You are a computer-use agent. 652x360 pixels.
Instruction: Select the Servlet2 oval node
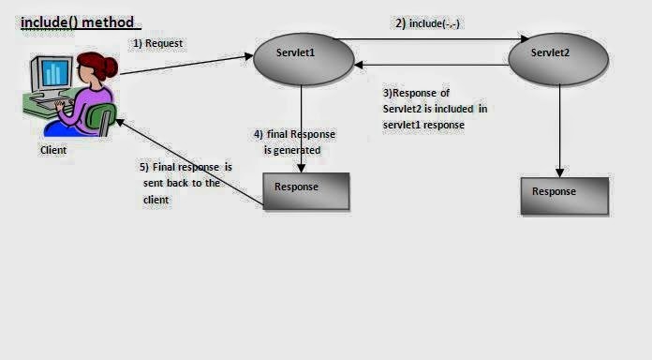coord(558,57)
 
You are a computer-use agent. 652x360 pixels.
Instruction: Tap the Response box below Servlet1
coord(305,190)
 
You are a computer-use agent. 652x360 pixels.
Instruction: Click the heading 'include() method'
coord(77,21)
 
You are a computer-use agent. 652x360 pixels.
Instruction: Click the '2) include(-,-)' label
coord(430,23)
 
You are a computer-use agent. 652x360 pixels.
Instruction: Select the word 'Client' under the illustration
coord(53,149)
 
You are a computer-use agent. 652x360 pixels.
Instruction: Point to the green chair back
coord(101,117)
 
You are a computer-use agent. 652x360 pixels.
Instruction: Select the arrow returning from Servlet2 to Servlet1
coord(431,65)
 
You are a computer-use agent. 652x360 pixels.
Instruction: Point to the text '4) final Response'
coord(294,134)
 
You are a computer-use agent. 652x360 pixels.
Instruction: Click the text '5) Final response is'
coord(185,167)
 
